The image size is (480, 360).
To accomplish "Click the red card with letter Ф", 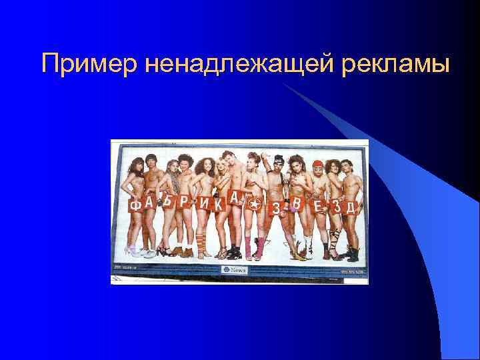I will pyautogui.click(x=135, y=205).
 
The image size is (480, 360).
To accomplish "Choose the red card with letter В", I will pyautogui.click(x=297, y=203).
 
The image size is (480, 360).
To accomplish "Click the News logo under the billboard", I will pyautogui.click(x=234, y=269).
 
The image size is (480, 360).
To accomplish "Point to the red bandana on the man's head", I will pyautogui.click(x=317, y=162).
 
